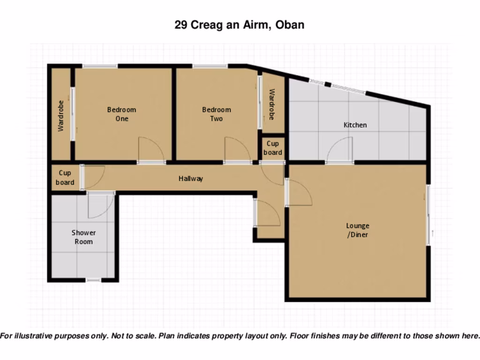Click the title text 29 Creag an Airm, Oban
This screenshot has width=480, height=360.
[x=240, y=25]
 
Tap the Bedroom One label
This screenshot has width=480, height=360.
[x=121, y=114]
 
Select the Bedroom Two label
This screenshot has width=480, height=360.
[x=217, y=114]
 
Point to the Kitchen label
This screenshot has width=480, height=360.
[x=355, y=125]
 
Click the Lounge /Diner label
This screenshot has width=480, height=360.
[x=358, y=230]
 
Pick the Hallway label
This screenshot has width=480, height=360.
[x=191, y=178]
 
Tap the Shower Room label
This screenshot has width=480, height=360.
[x=83, y=237]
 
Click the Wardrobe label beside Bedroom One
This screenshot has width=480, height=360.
[x=60, y=116]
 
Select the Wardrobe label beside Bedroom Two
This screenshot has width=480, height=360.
[x=272, y=104]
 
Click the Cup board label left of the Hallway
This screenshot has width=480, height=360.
[x=65, y=178]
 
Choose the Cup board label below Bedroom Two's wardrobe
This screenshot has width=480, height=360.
[x=273, y=148]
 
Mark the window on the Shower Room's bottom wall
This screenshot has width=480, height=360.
[x=93, y=280]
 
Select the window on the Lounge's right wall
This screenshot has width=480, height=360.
[x=427, y=215]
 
